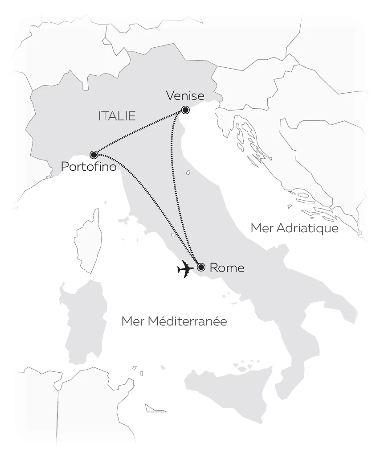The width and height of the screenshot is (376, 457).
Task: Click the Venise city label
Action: click(185, 96)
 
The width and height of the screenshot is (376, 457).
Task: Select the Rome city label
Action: click(227, 268)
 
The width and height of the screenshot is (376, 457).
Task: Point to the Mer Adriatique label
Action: click(294, 228)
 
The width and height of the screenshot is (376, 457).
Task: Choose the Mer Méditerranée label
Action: click(174, 321)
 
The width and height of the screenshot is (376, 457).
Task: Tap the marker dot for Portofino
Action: click(94, 155)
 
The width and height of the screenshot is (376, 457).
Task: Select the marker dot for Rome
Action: click(201, 268)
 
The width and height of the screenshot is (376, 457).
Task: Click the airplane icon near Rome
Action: click(185, 269)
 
